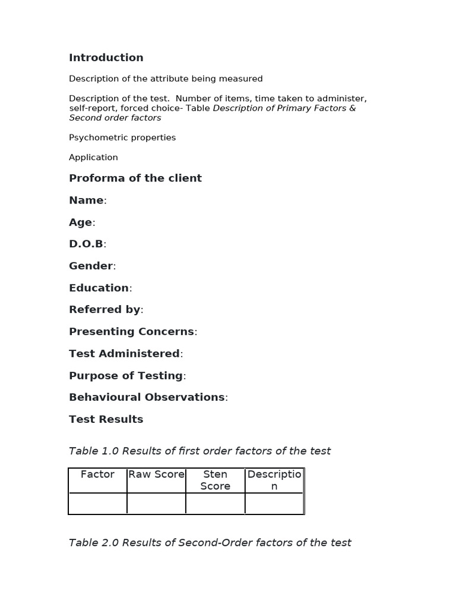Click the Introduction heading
[x=106, y=58]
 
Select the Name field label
[x=87, y=200]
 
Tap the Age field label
[x=81, y=222]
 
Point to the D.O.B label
[x=87, y=244]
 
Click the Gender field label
[x=91, y=266]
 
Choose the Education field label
[x=99, y=288]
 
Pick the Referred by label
[x=105, y=309]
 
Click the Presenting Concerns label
[x=132, y=331]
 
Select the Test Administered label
[x=125, y=353]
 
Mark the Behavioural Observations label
[x=147, y=397]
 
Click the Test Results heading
[x=106, y=419]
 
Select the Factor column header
[x=97, y=475]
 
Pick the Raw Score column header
[x=156, y=475]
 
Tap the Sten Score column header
[x=215, y=480]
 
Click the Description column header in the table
[x=274, y=480]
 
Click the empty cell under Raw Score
[x=156, y=503]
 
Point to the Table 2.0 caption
[x=210, y=542]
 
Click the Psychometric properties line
[x=122, y=137]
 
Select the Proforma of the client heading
[x=135, y=178]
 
